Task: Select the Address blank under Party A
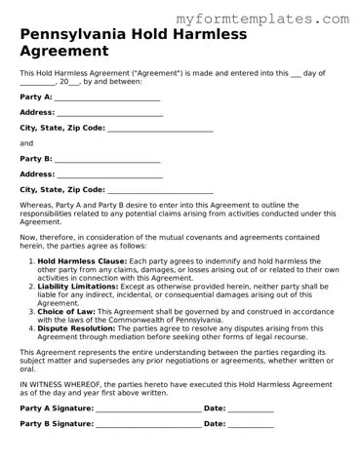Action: [109, 113]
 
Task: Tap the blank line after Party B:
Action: [107, 159]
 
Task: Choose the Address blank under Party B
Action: [109, 175]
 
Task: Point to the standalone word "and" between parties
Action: [26, 143]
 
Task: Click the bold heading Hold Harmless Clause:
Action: [82, 262]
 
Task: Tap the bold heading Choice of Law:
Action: [65, 311]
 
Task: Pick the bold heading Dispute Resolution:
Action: [78, 328]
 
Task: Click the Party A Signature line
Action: [148, 408]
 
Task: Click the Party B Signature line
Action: [148, 425]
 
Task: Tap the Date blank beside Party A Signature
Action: [251, 408]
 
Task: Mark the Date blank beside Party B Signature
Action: [251, 425]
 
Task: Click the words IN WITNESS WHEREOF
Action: [60, 385]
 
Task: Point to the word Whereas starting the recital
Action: [36, 205]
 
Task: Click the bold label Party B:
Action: [36, 159]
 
